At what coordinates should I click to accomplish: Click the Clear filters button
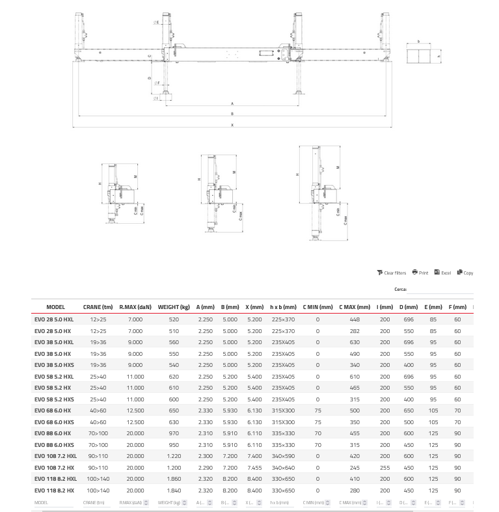[x=392, y=273]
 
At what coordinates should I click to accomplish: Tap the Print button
[x=420, y=273]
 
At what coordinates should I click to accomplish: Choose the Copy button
[x=465, y=273]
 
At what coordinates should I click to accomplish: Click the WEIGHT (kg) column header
[x=174, y=307]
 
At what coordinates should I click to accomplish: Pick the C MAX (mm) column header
[x=355, y=307]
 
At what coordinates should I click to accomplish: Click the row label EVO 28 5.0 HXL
[x=54, y=319]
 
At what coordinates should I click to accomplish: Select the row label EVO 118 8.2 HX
[x=54, y=491]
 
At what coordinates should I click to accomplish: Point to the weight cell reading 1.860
[x=174, y=479]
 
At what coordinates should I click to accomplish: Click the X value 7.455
[x=254, y=468]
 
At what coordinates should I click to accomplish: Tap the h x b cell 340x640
[x=283, y=468]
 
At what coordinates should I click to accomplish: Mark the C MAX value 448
[x=355, y=319]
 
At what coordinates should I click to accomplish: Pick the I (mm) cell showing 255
[x=385, y=468]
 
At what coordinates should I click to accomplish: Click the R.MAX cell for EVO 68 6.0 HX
[x=135, y=411]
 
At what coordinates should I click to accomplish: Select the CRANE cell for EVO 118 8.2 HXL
[x=98, y=479]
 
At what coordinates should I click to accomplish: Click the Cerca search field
[x=440, y=290]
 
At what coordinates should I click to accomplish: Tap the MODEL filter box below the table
[x=54, y=503]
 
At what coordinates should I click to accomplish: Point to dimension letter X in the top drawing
[x=232, y=126]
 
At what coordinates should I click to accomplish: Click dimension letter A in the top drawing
[x=232, y=103]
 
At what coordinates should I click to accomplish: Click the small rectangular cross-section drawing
[x=419, y=55]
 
